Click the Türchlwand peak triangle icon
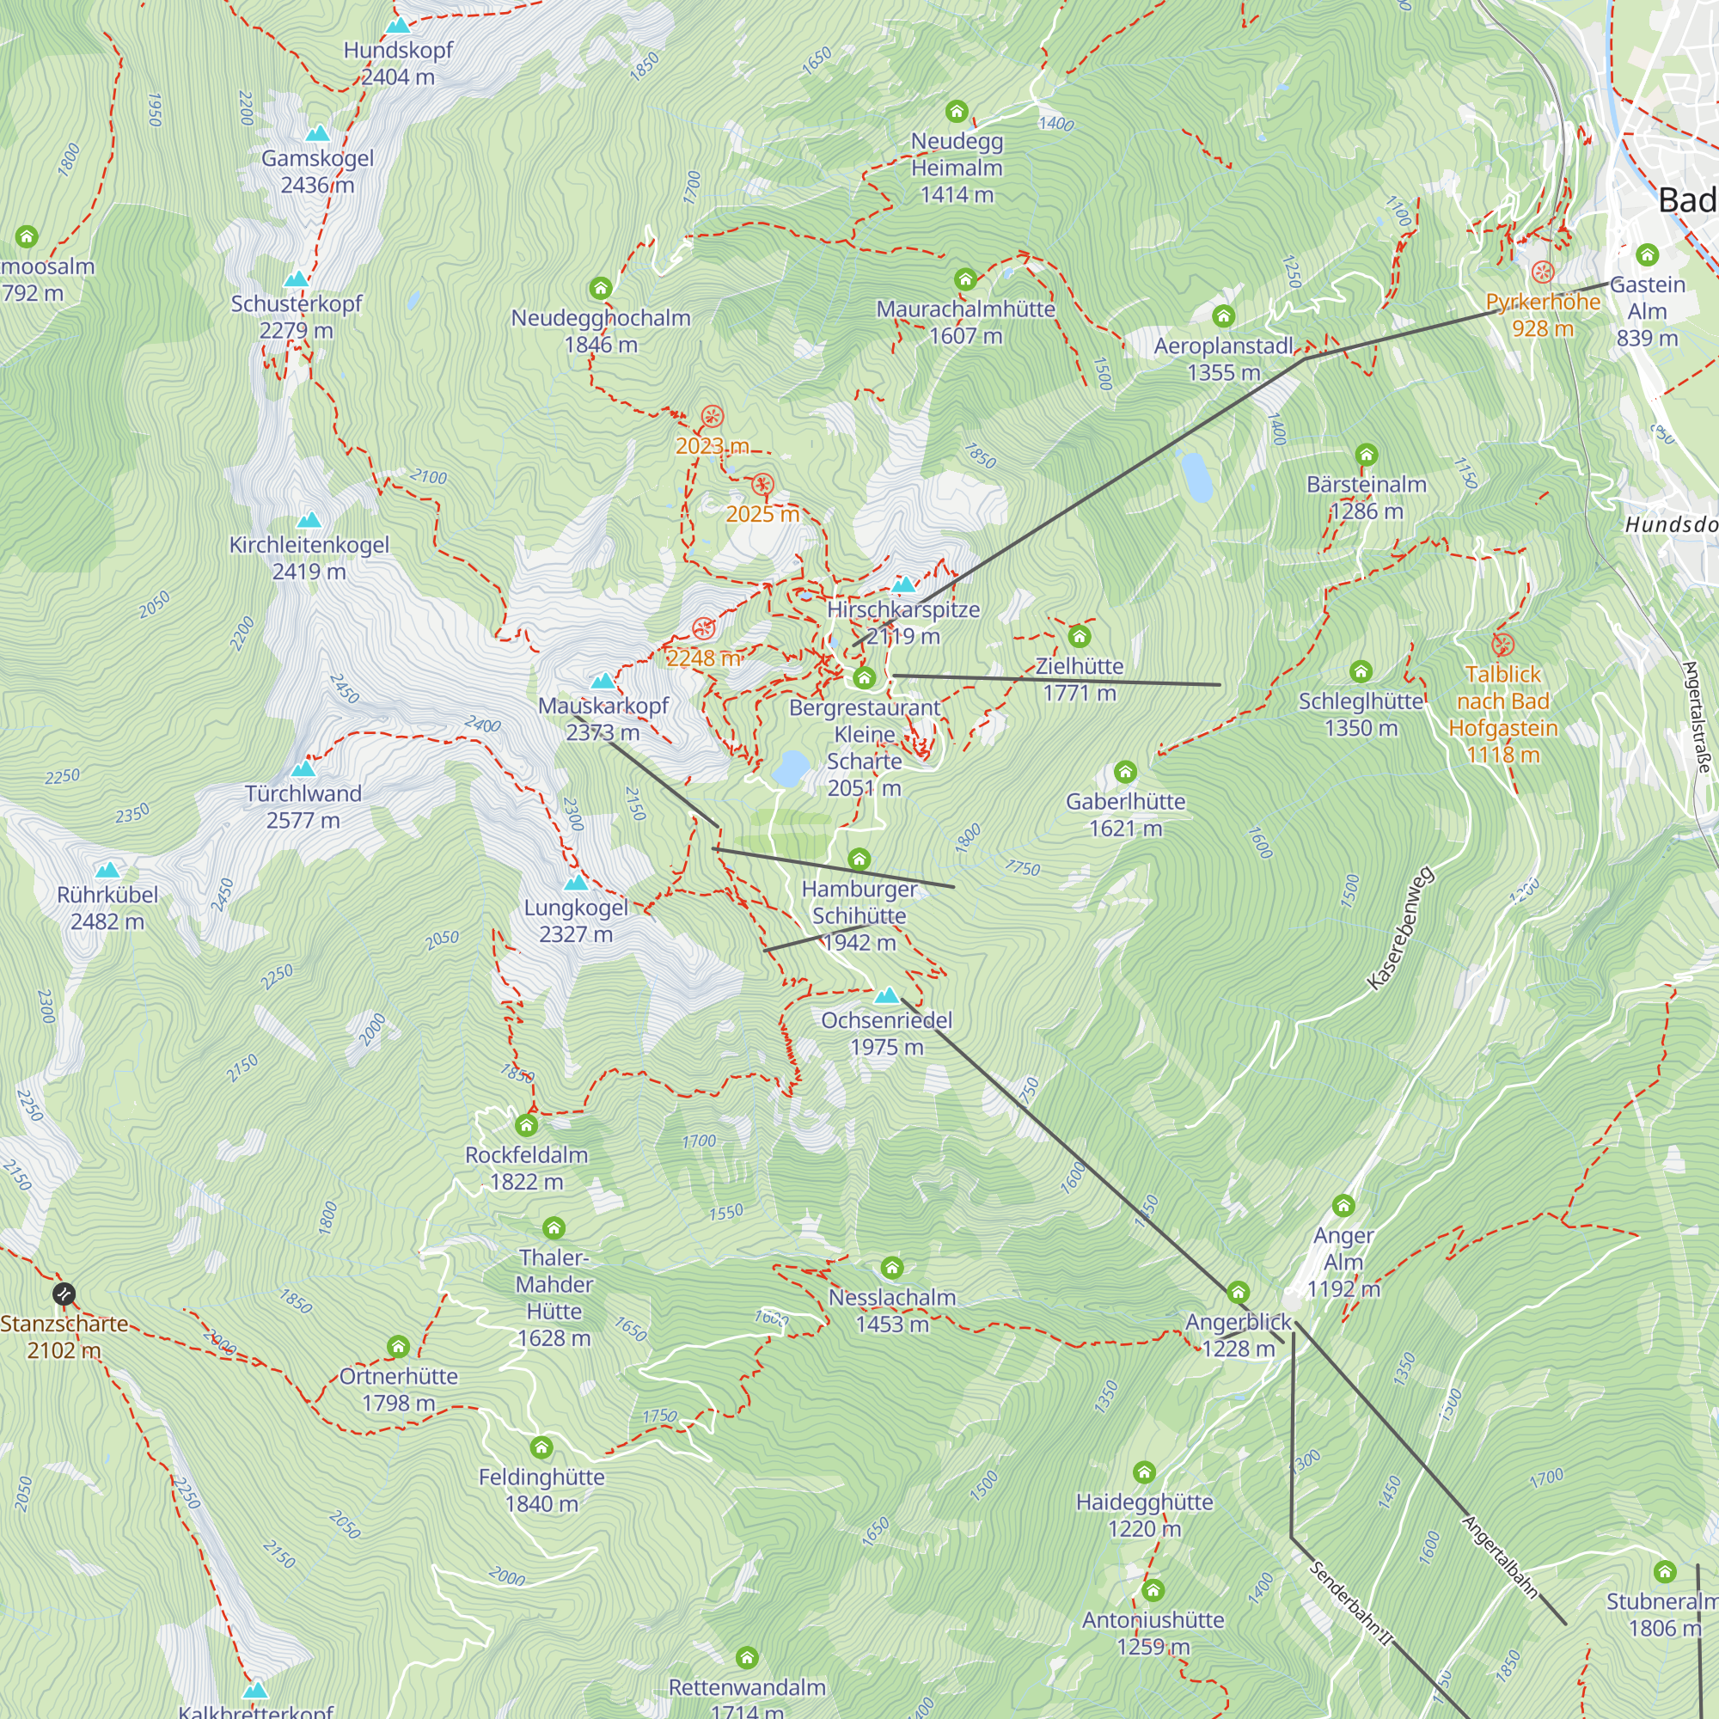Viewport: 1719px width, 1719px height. [303, 768]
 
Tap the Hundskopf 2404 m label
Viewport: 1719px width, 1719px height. [398, 63]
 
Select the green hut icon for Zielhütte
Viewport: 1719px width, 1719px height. [1080, 636]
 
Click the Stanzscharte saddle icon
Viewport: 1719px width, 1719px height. [63, 1294]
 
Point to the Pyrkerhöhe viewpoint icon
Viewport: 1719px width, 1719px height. [1543, 272]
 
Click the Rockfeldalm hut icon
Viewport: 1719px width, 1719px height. [527, 1126]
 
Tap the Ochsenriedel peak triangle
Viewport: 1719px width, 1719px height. [886, 995]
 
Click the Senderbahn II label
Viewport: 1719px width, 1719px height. [1349, 1601]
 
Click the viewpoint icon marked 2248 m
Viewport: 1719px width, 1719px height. [704, 629]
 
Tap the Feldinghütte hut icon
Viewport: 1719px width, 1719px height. [541, 1447]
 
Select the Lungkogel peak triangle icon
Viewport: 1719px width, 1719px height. [577, 884]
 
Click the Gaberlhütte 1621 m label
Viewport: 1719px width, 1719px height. [1126, 815]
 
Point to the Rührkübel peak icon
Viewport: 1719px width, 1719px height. [107, 870]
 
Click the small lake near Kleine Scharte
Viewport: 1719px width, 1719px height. [790, 768]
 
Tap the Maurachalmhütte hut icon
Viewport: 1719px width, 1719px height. [965, 280]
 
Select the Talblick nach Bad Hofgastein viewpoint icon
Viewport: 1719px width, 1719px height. [1502, 644]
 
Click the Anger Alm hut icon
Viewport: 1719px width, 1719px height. [1343, 1206]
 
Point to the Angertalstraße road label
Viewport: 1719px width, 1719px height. [1698, 717]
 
